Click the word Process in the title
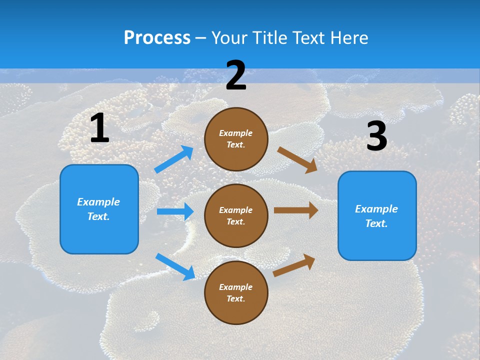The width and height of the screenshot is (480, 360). pos(157,37)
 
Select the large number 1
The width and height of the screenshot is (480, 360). pos(99,128)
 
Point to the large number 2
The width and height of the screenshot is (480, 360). pos(236,75)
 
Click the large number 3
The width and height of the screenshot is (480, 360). pos(376,136)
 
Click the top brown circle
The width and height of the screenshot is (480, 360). pos(236,139)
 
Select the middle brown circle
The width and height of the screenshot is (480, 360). pos(236,215)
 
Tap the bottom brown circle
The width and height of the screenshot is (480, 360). pos(236,292)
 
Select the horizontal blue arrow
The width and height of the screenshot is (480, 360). pos(175,211)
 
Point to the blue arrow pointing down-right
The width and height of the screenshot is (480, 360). pos(175,266)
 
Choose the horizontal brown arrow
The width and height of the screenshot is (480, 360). pos(296,210)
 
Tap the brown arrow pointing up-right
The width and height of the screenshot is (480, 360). pos(294,265)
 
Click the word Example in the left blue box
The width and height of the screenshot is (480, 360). pos(98,202)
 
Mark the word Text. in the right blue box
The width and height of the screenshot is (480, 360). pos(376,223)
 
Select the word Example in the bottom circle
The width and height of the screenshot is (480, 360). pos(236,287)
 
